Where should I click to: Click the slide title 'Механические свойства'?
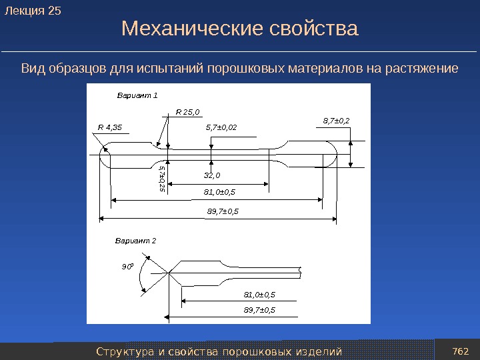240,29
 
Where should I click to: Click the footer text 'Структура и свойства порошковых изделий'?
219,351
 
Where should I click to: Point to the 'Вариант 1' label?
137,95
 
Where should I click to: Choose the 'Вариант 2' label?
135,240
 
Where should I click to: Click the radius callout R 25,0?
188,113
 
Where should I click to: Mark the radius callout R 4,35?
109,127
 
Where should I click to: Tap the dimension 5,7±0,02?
221,127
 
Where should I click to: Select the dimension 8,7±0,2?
336,121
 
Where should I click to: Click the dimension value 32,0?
212,176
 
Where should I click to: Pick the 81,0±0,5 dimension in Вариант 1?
220,193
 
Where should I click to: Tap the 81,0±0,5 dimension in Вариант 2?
259,294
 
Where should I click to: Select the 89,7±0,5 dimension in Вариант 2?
259,310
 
